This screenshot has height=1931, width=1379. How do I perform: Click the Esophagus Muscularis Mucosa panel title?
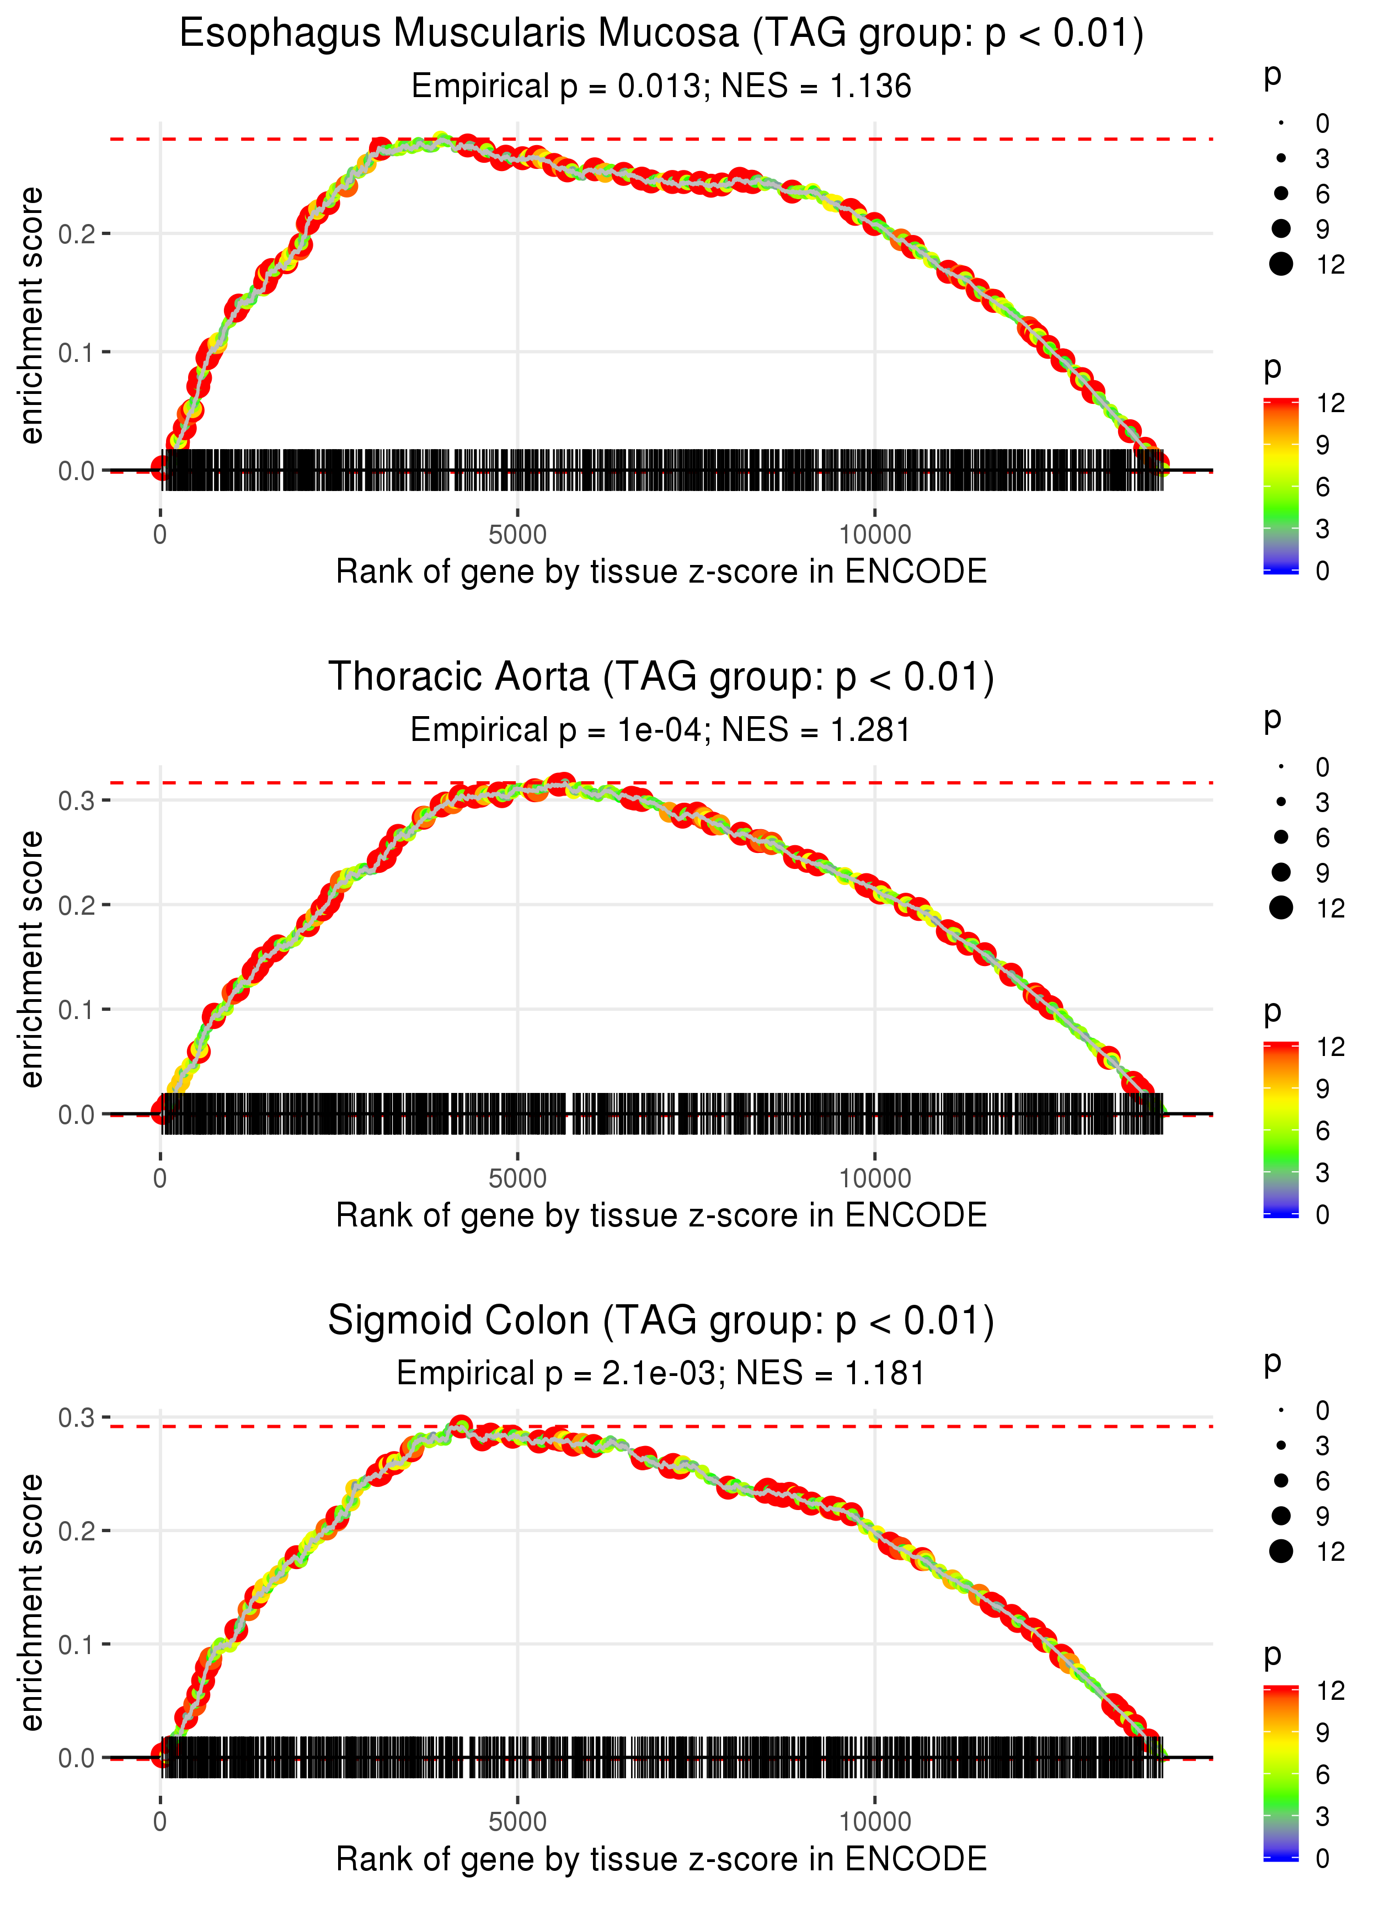[x=661, y=34]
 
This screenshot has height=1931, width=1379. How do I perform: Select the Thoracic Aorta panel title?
[x=661, y=677]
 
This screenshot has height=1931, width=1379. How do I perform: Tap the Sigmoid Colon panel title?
[x=661, y=1320]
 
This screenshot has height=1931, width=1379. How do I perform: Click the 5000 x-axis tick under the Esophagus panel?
[x=517, y=535]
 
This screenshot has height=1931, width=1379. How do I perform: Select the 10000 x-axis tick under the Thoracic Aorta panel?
[x=875, y=1178]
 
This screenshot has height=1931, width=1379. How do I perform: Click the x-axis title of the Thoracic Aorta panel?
[x=661, y=1215]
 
